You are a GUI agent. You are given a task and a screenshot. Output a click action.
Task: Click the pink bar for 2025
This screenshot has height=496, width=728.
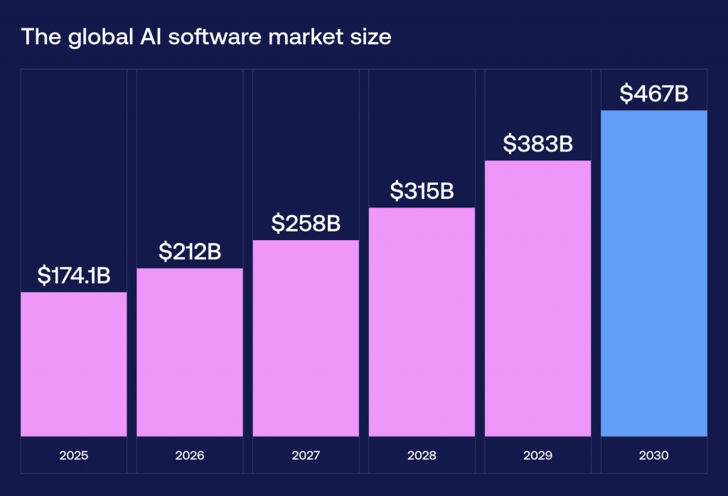[74, 364]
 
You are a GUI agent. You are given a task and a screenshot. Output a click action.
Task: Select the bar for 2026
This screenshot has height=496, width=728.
[190, 352]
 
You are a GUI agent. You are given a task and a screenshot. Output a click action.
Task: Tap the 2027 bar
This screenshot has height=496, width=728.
[306, 338]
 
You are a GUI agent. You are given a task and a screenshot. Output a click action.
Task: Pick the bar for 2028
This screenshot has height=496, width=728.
[422, 322]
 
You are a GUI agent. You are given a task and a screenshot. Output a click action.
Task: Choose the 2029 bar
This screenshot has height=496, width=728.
[537, 298]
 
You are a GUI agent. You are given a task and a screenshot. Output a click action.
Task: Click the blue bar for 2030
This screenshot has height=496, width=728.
[654, 273]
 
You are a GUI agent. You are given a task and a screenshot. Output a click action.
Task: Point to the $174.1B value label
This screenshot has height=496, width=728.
[74, 276]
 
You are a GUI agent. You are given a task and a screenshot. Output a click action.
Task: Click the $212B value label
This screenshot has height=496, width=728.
[190, 251]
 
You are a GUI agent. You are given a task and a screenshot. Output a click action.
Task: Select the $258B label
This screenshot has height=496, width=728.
[306, 223]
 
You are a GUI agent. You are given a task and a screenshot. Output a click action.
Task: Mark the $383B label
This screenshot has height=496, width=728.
[537, 144]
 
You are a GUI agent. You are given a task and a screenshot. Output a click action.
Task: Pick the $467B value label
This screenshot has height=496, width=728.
[654, 93]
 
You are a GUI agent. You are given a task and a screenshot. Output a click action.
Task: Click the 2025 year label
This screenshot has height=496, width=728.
[74, 455]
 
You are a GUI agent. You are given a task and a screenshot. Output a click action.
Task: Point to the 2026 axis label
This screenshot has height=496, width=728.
[190, 455]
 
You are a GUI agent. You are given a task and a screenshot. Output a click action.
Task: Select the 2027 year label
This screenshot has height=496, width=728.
[306, 455]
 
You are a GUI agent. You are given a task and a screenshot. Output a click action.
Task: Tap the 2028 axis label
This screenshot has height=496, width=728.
[422, 455]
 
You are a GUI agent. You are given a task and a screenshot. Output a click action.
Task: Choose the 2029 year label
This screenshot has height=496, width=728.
[537, 455]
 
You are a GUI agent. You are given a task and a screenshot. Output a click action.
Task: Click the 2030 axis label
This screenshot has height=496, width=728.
[654, 455]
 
